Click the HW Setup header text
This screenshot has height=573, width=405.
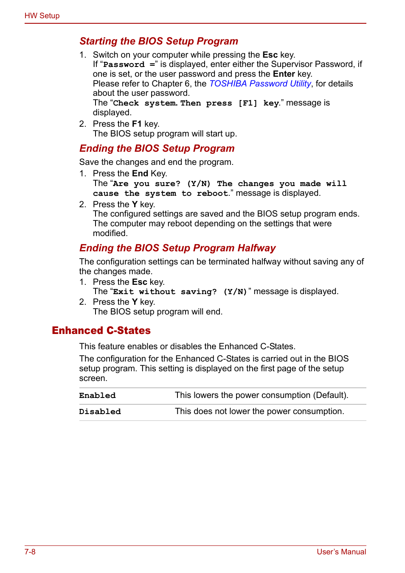(42, 16)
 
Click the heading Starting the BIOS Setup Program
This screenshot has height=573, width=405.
(158, 41)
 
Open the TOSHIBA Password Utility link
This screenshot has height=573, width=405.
(260, 83)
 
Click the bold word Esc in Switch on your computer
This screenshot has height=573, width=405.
(270, 55)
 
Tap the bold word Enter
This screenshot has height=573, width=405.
(284, 74)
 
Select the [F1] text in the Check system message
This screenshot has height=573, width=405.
(247, 103)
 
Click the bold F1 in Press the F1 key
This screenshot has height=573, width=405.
(136, 124)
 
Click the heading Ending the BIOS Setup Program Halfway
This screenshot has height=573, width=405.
(177, 248)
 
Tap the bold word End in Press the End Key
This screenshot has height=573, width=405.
(140, 173)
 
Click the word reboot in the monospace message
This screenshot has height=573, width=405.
(212, 193)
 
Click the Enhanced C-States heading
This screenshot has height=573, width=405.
(101, 331)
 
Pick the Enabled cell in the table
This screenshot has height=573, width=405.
(97, 395)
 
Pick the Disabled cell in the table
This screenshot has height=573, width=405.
(100, 412)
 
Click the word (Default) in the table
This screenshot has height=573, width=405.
(330, 395)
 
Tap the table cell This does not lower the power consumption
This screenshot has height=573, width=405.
(259, 411)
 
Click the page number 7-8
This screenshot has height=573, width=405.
(30, 552)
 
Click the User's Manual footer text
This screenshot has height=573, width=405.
(341, 552)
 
